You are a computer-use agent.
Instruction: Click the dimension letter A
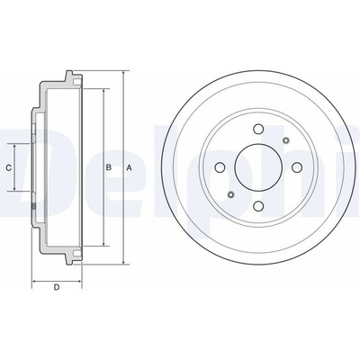(129, 168)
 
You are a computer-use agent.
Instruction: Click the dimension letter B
(109, 167)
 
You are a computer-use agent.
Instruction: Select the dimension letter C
(9, 167)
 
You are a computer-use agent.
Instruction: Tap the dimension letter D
(57, 287)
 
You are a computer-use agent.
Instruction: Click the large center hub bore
(258, 167)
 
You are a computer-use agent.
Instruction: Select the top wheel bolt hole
(258, 129)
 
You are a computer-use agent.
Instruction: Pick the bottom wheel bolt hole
(258, 206)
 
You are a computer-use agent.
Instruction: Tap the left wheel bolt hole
(220, 167)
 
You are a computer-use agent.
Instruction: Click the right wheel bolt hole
(297, 167)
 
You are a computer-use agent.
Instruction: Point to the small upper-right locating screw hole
(285, 140)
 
